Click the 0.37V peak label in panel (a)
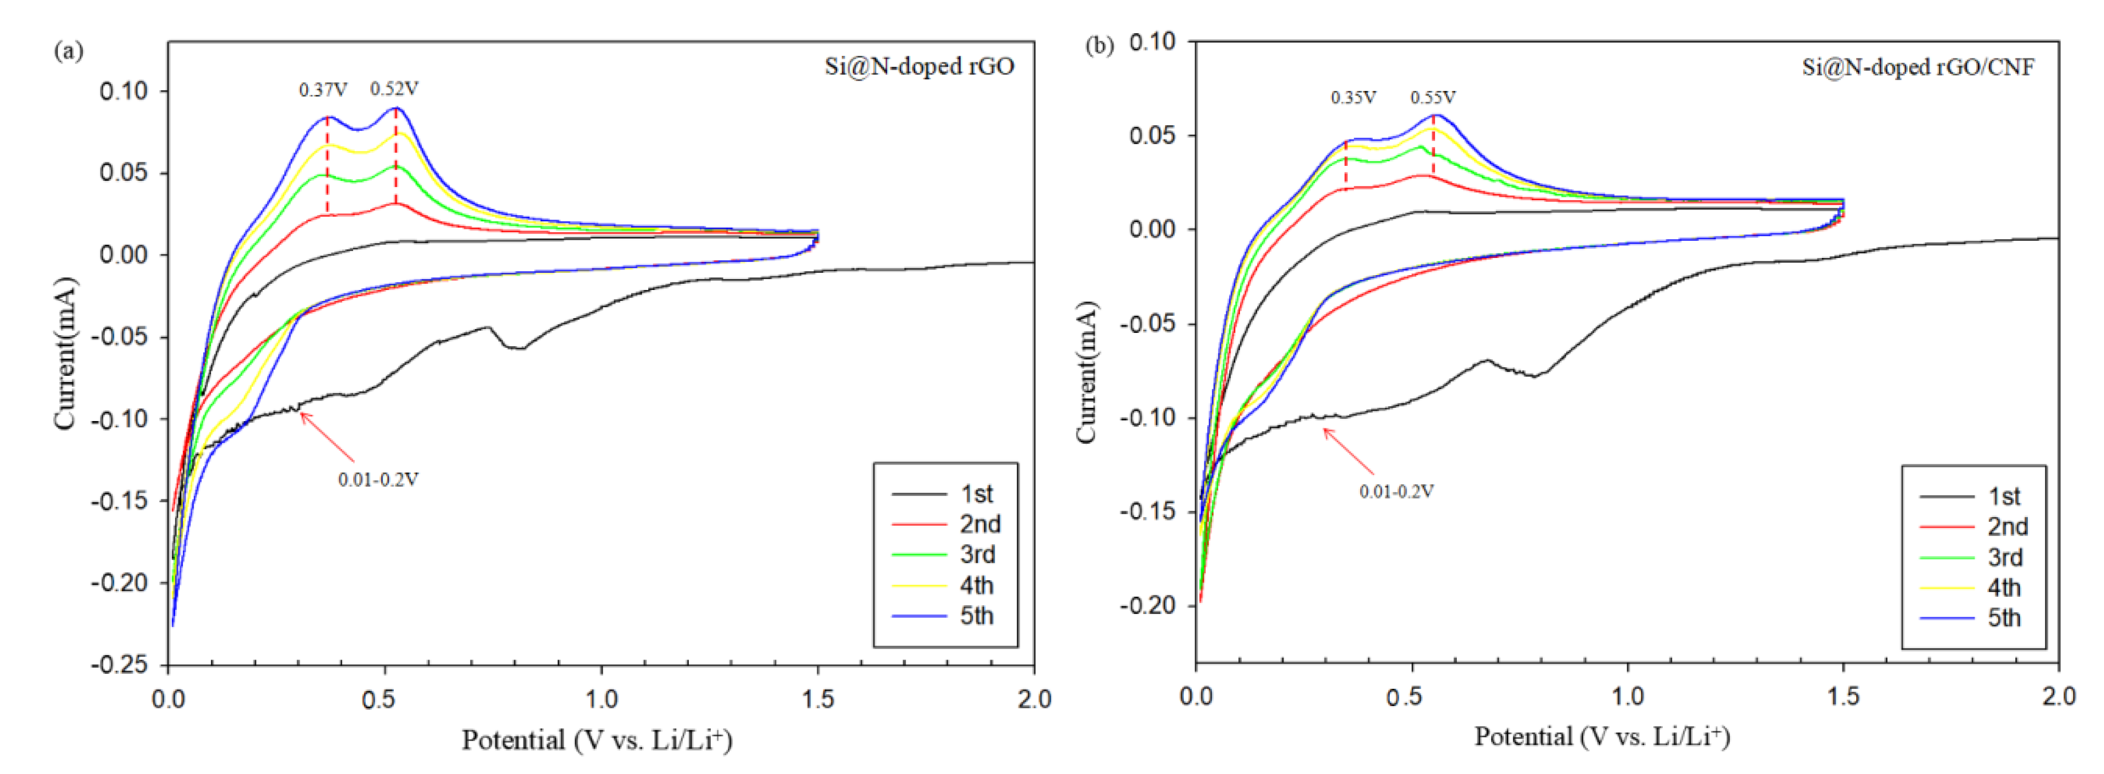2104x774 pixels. click(323, 90)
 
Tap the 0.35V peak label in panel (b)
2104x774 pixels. click(1353, 98)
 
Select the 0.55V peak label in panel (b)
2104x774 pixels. click(1433, 98)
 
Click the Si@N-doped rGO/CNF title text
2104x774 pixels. click(1918, 67)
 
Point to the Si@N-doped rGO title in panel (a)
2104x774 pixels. click(919, 66)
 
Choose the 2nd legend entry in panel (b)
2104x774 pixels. click(1972, 527)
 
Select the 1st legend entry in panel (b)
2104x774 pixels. click(1972, 497)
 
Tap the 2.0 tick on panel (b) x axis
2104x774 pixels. click(2058, 696)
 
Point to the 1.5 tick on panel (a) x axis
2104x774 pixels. click(818, 700)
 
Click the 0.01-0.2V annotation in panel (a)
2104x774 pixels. click(378, 480)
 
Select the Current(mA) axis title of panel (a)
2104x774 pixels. click(65, 353)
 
